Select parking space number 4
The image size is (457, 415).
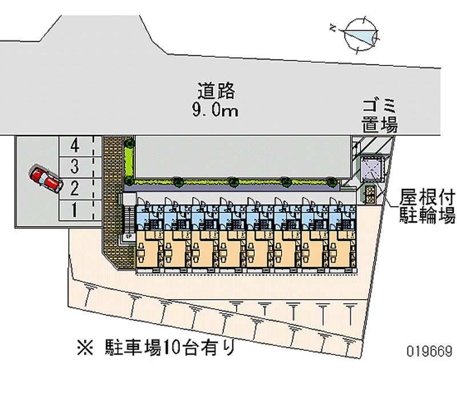coord(74,145)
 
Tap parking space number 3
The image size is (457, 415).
coord(74,167)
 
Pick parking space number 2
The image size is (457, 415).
coord(74,187)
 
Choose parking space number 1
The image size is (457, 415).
coord(74,210)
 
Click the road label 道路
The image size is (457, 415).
coord(217,91)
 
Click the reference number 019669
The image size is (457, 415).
coord(430,350)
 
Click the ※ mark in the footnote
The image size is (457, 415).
coord(86,346)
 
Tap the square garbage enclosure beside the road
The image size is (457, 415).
coord(372,168)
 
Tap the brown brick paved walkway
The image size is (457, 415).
coord(112,200)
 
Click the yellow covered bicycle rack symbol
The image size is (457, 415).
coord(370,194)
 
